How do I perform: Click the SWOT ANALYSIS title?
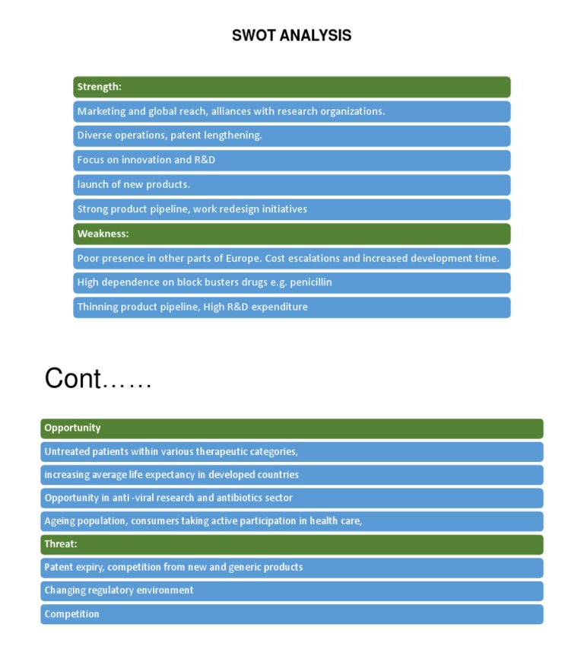tap(291, 36)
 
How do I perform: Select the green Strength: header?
tap(291, 87)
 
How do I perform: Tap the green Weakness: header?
tap(291, 234)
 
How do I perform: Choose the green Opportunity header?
tap(291, 428)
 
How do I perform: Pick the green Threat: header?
tap(291, 544)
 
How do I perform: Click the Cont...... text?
tap(98, 378)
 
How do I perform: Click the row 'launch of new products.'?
tap(291, 185)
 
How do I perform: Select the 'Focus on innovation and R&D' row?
tap(291, 161)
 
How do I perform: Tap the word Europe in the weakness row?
tap(243, 258)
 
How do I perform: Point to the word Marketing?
tap(101, 112)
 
